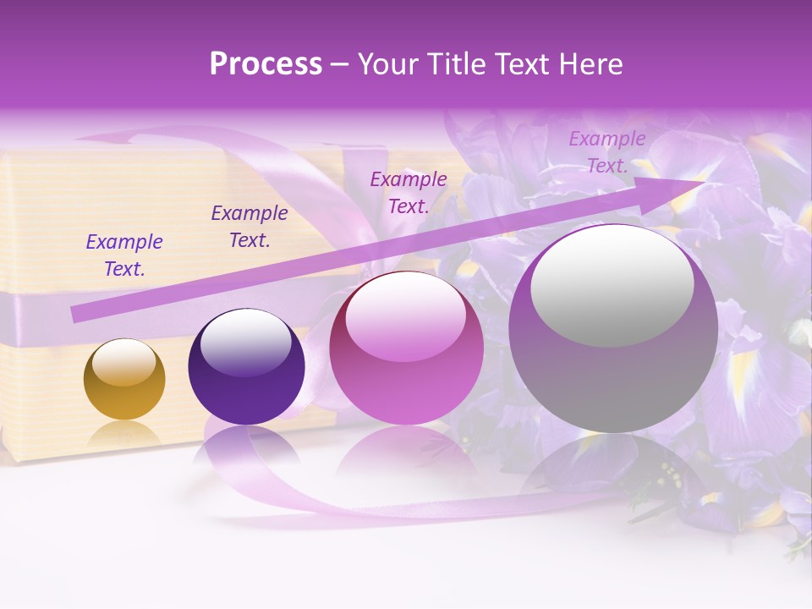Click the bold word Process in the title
point(266,64)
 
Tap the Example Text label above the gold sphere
point(124,255)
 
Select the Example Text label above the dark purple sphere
point(250,227)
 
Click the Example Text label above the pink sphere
point(409,193)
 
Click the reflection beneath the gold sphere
point(124,435)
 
